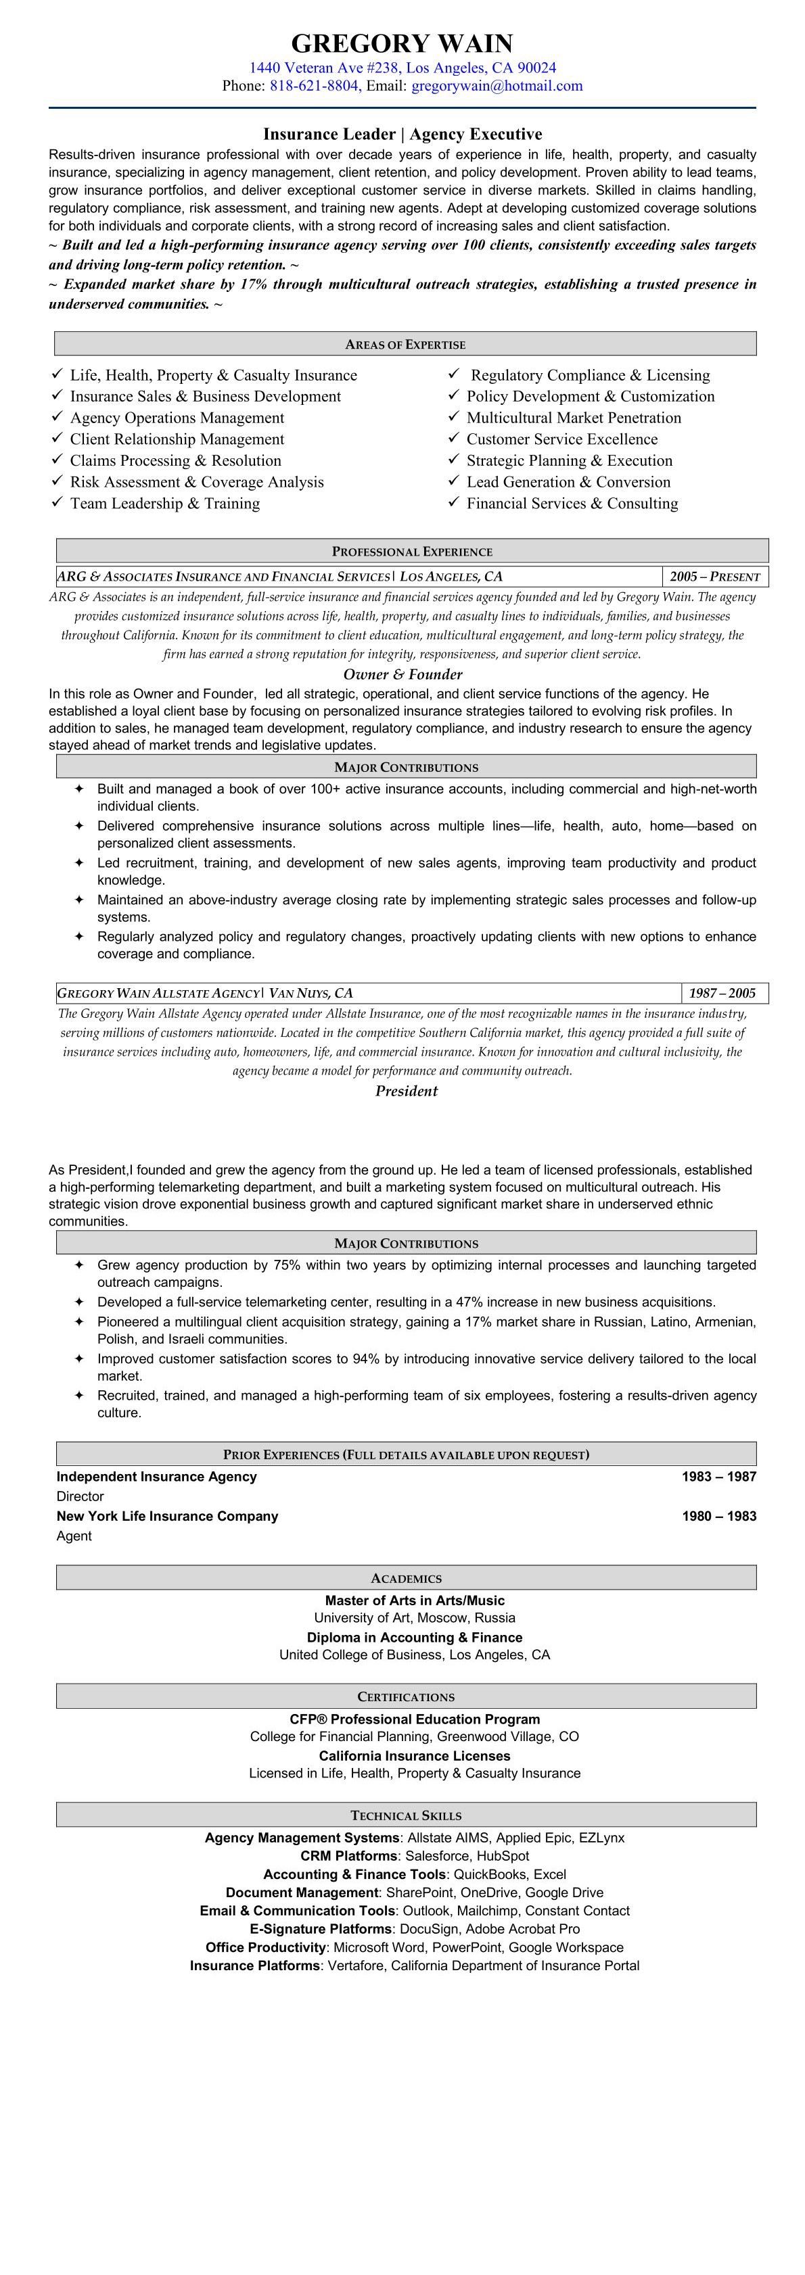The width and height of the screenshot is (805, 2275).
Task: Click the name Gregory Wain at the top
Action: pyautogui.click(x=402, y=43)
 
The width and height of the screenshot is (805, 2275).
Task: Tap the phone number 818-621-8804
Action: pyautogui.click(x=314, y=86)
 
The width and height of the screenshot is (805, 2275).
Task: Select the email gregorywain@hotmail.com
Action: pyautogui.click(x=497, y=86)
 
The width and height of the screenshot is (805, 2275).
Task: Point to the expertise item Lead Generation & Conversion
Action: pyautogui.click(x=568, y=482)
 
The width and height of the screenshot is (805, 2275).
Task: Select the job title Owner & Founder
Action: pyautogui.click(x=403, y=675)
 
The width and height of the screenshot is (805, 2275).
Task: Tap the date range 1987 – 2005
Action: pyautogui.click(x=722, y=993)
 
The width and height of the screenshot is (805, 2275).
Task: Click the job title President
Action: pyautogui.click(x=407, y=1091)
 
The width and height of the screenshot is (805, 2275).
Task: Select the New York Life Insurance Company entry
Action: pyautogui.click(x=167, y=1515)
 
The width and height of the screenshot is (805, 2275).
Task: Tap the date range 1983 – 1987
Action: pyautogui.click(x=718, y=1475)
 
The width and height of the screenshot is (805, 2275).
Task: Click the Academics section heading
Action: pyautogui.click(x=406, y=1578)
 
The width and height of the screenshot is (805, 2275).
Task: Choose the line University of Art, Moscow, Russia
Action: pyautogui.click(x=415, y=1617)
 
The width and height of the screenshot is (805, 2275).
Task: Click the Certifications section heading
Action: pyautogui.click(x=406, y=1696)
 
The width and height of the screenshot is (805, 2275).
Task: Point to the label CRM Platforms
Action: pyautogui.click(x=348, y=1855)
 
